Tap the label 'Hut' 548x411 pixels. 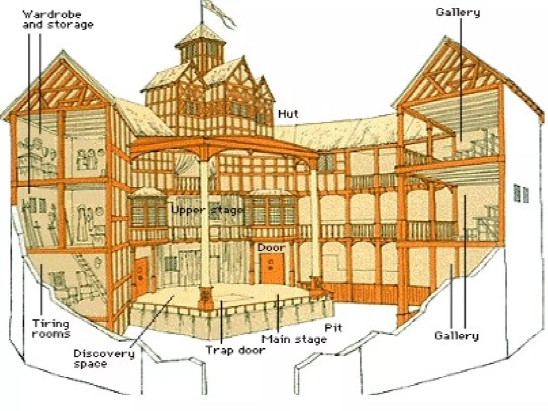click(x=288, y=114)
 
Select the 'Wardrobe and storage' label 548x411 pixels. click(x=58, y=19)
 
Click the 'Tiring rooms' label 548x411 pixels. click(x=51, y=329)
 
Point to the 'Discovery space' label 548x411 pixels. click(x=104, y=359)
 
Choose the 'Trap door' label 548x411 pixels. click(x=235, y=350)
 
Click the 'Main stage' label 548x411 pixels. click(x=294, y=339)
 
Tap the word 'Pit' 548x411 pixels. click(x=333, y=328)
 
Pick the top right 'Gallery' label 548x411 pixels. click(x=458, y=12)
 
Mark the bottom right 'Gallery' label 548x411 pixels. click(x=456, y=336)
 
